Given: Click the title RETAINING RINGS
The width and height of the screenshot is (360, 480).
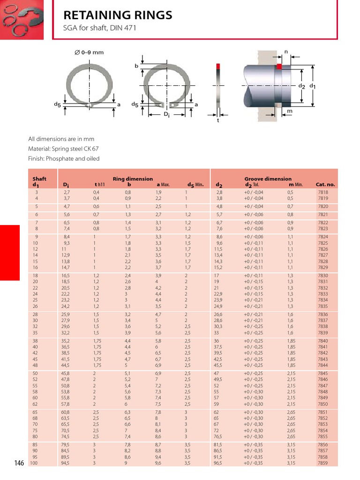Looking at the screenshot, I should click(x=118, y=15).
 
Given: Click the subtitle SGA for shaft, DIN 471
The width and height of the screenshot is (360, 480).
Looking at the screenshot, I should click(x=99, y=28).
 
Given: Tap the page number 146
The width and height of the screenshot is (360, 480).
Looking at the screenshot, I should click(x=19, y=463).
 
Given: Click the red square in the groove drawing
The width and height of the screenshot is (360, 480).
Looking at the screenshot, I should click(x=279, y=67).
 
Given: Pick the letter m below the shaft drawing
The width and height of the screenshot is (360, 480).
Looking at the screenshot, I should click(x=290, y=111).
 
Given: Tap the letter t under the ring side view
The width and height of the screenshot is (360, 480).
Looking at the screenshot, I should click(x=217, y=120).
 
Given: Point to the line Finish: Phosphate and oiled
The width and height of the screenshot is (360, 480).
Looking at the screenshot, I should click(x=64, y=158).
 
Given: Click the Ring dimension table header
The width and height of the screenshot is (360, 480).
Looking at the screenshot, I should click(x=133, y=179).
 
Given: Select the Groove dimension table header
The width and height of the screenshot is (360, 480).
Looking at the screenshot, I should click(x=268, y=179).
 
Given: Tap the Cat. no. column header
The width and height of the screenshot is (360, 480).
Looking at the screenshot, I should click(x=325, y=185).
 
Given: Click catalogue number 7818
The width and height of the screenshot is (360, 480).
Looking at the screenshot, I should click(x=323, y=192).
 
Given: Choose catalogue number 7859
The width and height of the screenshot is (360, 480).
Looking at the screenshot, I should click(x=323, y=463).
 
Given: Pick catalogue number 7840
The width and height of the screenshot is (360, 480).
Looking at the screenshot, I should click(x=323, y=341).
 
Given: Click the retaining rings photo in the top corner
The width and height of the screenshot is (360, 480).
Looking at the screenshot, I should click(x=22, y=19).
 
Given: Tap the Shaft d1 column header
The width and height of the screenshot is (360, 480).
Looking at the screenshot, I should click(x=39, y=182).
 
